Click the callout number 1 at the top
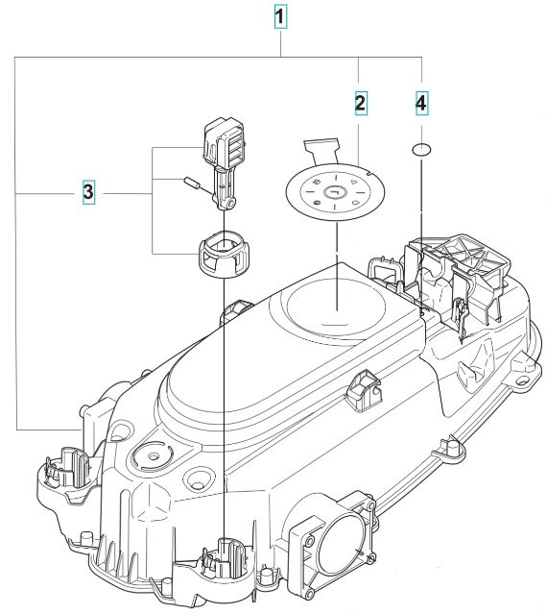[x=279, y=17]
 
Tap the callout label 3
[x=87, y=193]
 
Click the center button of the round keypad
[x=333, y=192]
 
